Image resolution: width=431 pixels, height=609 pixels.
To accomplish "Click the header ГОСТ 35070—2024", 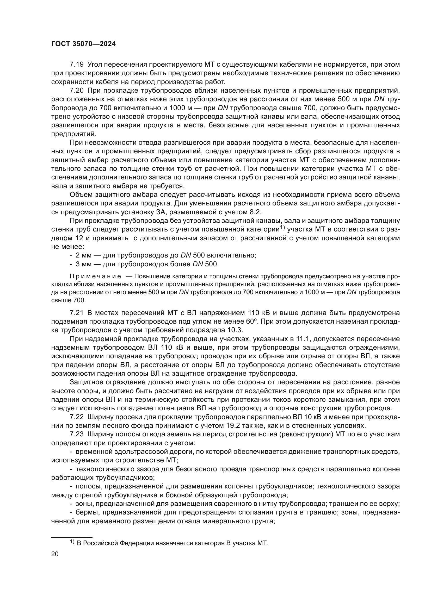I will click(83, 44).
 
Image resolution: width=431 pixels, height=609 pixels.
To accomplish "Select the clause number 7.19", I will click(76, 65).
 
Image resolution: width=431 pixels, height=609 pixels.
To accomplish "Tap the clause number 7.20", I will click(76, 91).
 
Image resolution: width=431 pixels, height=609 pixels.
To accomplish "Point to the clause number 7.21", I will click(76, 313).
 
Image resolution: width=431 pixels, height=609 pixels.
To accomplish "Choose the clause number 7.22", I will click(76, 417).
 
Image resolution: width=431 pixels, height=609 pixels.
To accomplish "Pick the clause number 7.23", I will click(76, 435).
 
